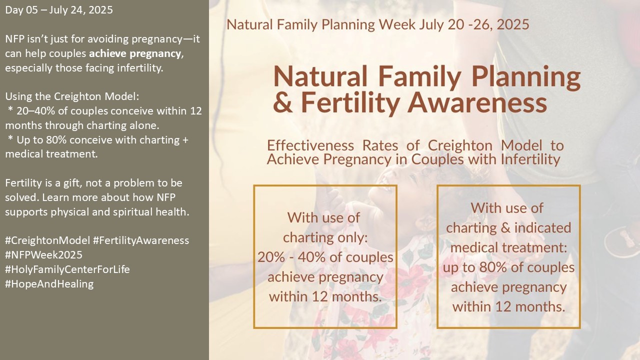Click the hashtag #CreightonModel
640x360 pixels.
(x=47, y=240)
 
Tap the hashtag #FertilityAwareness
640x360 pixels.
(x=141, y=240)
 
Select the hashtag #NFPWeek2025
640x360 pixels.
(x=43, y=255)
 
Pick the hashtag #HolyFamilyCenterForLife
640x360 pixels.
(x=67, y=269)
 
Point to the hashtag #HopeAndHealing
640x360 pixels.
(x=49, y=284)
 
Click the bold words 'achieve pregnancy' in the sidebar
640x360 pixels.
(x=135, y=53)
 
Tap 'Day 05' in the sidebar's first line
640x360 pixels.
(x=21, y=10)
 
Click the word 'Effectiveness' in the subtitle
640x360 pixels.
(x=310, y=145)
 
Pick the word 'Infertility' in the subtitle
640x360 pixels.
(x=530, y=159)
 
